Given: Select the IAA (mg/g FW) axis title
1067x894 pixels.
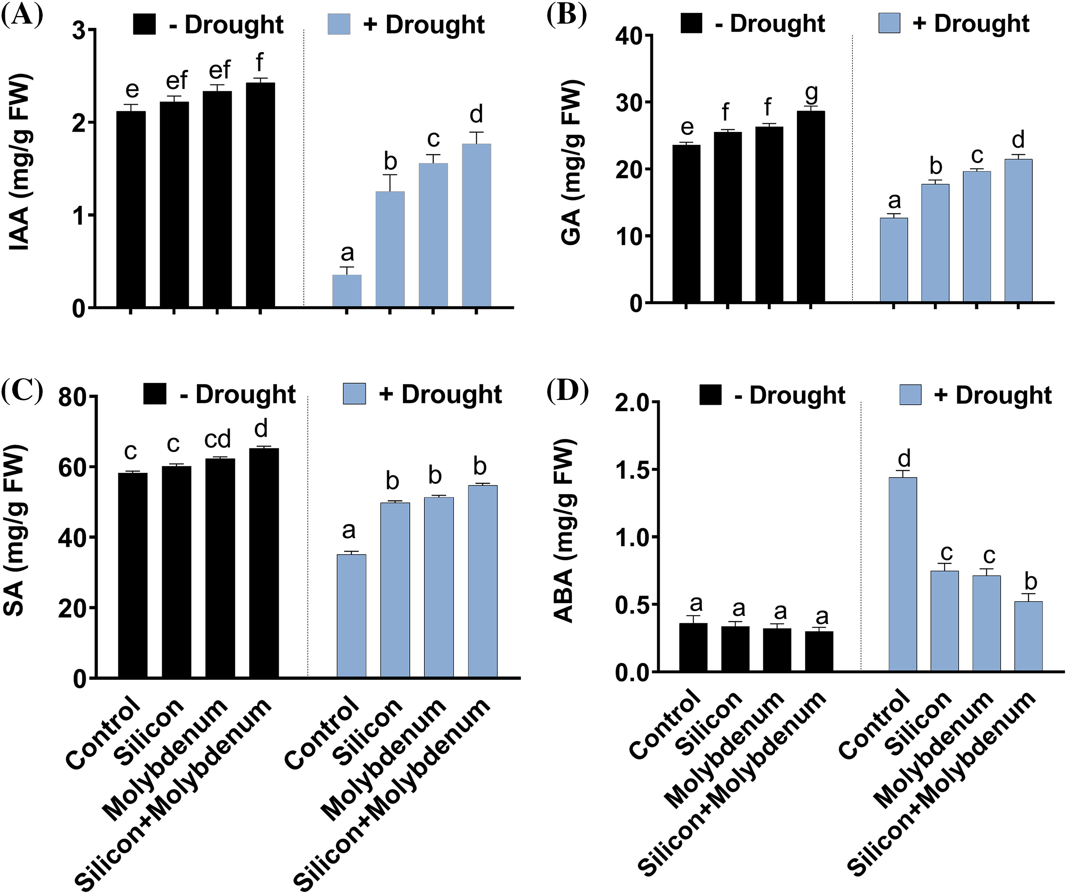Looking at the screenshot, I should [21, 163].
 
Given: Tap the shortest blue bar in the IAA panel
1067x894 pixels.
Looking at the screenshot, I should [347, 291].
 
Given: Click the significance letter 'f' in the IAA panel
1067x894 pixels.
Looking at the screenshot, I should [260, 62].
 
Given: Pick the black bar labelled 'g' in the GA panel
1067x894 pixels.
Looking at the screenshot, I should [811, 206].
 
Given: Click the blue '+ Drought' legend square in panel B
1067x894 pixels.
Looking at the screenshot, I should [889, 23].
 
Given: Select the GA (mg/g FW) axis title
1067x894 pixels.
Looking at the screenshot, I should [572, 163].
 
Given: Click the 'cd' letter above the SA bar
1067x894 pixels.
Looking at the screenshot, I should [218, 439].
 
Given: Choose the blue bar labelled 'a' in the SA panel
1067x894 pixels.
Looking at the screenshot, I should [352, 616].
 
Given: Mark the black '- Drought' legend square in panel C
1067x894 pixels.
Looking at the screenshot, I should [155, 394].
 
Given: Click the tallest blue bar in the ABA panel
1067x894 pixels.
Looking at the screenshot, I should [903, 574].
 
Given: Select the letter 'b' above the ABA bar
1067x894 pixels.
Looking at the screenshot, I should [1030, 582].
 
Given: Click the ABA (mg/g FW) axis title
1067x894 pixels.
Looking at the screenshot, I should [564, 531].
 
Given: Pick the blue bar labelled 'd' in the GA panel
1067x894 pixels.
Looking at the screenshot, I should [1018, 231].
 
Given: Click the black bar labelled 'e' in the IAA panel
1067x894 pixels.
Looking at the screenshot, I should [131, 208].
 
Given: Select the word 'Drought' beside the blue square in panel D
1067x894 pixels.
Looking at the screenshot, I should [1003, 395].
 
